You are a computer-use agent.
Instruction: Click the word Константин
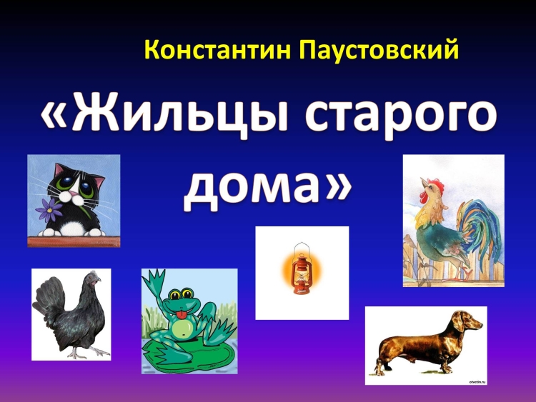(218, 50)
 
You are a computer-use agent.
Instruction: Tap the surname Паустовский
(379, 50)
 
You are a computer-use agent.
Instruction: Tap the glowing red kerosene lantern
(301, 268)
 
